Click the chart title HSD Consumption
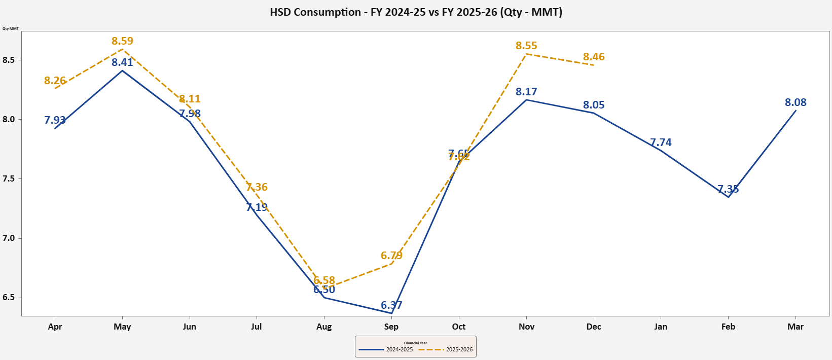tap(416, 12)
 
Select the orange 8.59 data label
tap(122, 41)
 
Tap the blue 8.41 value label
tap(122, 62)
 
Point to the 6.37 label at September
tap(391, 305)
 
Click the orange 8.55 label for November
tap(526, 46)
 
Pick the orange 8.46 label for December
tap(594, 57)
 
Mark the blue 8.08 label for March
tap(795, 102)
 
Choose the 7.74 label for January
tap(661, 142)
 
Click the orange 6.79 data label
tap(391, 256)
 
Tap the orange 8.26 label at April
tap(55, 81)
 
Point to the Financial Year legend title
tap(415, 343)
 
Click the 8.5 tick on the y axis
tap(9, 60)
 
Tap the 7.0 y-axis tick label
tap(9, 238)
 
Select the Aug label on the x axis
tap(324, 327)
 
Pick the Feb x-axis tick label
tap(728, 327)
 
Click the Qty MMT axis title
tap(11, 28)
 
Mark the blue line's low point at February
tap(728, 197)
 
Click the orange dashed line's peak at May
tap(122, 49)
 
